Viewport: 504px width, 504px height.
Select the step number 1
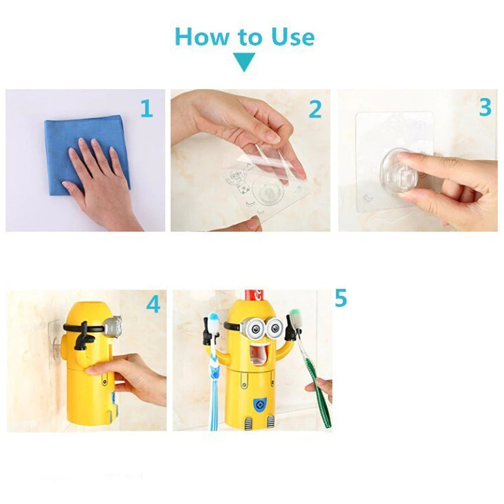(146, 108)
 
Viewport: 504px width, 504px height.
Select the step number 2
(315, 109)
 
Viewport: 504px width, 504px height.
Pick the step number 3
(485, 107)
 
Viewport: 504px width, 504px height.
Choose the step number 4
(153, 304)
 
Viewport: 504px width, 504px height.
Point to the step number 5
(341, 298)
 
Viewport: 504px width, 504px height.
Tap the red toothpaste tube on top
(251, 296)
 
